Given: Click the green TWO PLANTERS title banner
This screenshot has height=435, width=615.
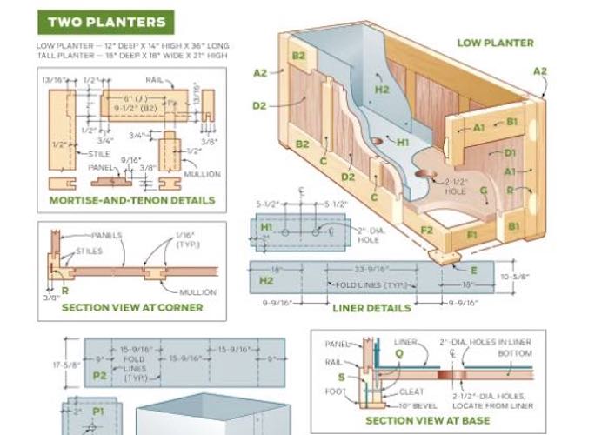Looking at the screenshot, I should pyautogui.click(x=107, y=22).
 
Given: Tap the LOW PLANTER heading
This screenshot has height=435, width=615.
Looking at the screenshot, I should pyautogui.click(x=496, y=42).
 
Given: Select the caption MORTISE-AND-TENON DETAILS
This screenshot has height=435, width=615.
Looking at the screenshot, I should pyautogui.click(x=131, y=200).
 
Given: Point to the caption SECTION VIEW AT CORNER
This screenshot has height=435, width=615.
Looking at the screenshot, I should pyautogui.click(x=132, y=307).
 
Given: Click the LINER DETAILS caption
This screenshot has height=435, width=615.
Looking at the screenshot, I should pyautogui.click(x=371, y=307).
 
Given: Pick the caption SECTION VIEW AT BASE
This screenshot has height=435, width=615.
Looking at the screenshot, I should pyautogui.click(x=427, y=421).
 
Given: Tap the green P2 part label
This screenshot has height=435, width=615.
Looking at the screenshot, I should pyautogui.click(x=98, y=376).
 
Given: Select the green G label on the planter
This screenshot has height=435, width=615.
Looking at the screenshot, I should pyautogui.click(x=484, y=191).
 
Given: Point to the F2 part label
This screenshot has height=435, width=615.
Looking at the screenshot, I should pyautogui.click(x=427, y=231).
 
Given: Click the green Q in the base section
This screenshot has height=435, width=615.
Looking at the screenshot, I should pyautogui.click(x=398, y=354).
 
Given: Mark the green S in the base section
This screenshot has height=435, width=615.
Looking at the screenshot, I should pyautogui.click(x=340, y=377).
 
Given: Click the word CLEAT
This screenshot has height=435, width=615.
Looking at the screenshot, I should pyautogui.click(x=411, y=392).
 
